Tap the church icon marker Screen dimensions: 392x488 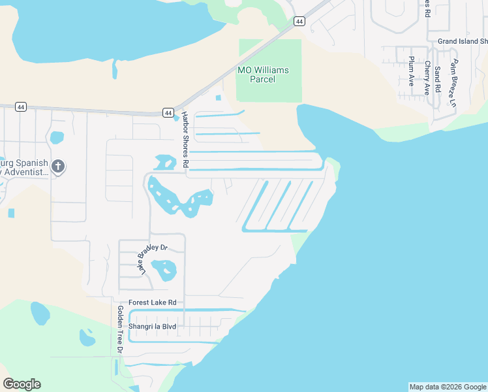tap(58, 167)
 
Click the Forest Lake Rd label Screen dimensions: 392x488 tap(153, 302)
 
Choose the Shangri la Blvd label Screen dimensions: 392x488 tap(153, 326)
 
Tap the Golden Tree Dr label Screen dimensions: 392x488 tap(120, 329)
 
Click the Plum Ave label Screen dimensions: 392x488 tap(412, 71)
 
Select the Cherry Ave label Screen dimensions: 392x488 tap(427, 77)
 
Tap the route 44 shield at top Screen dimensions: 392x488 tap(299, 22)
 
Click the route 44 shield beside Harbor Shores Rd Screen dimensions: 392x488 tap(168, 113)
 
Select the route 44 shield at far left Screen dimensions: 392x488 tap(21, 106)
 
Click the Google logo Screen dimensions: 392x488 tap(22, 384)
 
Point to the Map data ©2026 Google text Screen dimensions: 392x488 tap(448, 387)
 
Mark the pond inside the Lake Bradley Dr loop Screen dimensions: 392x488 tap(164, 269)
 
